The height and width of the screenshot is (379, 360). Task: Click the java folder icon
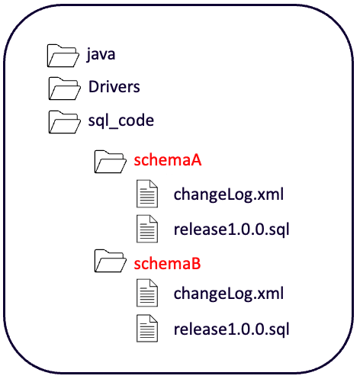63,56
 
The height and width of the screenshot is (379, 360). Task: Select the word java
101,54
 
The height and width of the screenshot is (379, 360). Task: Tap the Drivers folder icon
64,88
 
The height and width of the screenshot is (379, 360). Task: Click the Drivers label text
114,87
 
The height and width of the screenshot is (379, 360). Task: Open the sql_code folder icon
64,122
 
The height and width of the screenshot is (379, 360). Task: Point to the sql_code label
121,120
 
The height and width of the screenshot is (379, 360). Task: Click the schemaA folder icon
110,162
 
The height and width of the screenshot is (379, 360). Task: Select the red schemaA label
168,160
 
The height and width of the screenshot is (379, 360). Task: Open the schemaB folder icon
110,261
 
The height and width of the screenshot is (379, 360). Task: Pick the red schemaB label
168,264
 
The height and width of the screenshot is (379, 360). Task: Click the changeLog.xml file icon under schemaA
147,194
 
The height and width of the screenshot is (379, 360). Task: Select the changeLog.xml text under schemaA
229,194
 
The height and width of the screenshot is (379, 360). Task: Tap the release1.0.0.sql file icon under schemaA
147,229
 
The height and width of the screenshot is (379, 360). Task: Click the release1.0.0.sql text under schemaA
232,230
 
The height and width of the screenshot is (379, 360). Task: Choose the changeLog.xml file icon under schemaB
147,293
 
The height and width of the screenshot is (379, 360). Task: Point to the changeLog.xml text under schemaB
229,294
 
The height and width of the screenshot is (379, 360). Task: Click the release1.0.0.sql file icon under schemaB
147,329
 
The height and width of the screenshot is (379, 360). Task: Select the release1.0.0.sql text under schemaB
232,329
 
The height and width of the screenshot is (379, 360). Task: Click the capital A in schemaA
195,160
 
